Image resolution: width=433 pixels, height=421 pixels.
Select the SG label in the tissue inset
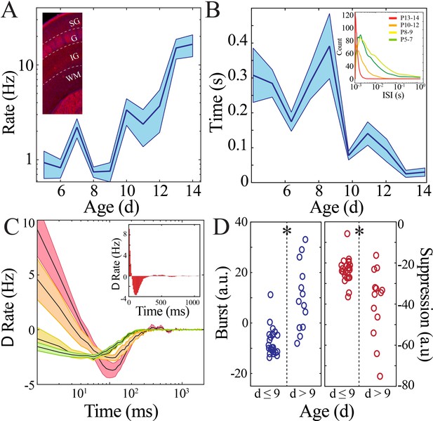coord(74,22)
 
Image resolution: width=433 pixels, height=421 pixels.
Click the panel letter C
coord(11,227)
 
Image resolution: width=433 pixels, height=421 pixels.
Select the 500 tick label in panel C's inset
coord(161,302)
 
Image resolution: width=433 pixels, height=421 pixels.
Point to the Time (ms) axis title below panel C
coord(121,410)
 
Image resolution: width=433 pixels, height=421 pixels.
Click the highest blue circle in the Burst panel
coord(305,240)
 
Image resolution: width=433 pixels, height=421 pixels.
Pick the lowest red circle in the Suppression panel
coord(380,376)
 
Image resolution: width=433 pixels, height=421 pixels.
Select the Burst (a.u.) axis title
coord(222,303)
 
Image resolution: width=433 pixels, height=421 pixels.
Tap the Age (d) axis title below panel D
coord(327,412)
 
